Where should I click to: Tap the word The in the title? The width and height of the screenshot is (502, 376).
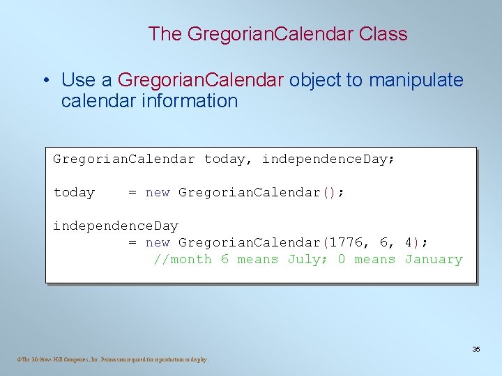coord(165,33)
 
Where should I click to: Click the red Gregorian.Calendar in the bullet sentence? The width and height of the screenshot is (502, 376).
coord(201,80)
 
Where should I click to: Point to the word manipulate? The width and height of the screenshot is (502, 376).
coord(416,80)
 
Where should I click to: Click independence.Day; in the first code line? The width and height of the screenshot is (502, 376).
coord(328,159)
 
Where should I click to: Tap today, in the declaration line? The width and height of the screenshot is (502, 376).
coord(225,159)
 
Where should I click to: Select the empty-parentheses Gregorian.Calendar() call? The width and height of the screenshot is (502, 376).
coord(261,192)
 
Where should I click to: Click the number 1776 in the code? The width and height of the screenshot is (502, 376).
coord(346,242)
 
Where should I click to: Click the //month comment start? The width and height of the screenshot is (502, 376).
coord(182,259)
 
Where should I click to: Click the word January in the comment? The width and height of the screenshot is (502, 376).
coord(434,259)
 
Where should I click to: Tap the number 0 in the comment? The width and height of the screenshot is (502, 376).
coord(341,259)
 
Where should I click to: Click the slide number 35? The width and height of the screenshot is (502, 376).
coord(476,349)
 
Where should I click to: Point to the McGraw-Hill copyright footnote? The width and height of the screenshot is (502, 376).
coord(112,359)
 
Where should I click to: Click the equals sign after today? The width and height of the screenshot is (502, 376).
coord(132,192)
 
